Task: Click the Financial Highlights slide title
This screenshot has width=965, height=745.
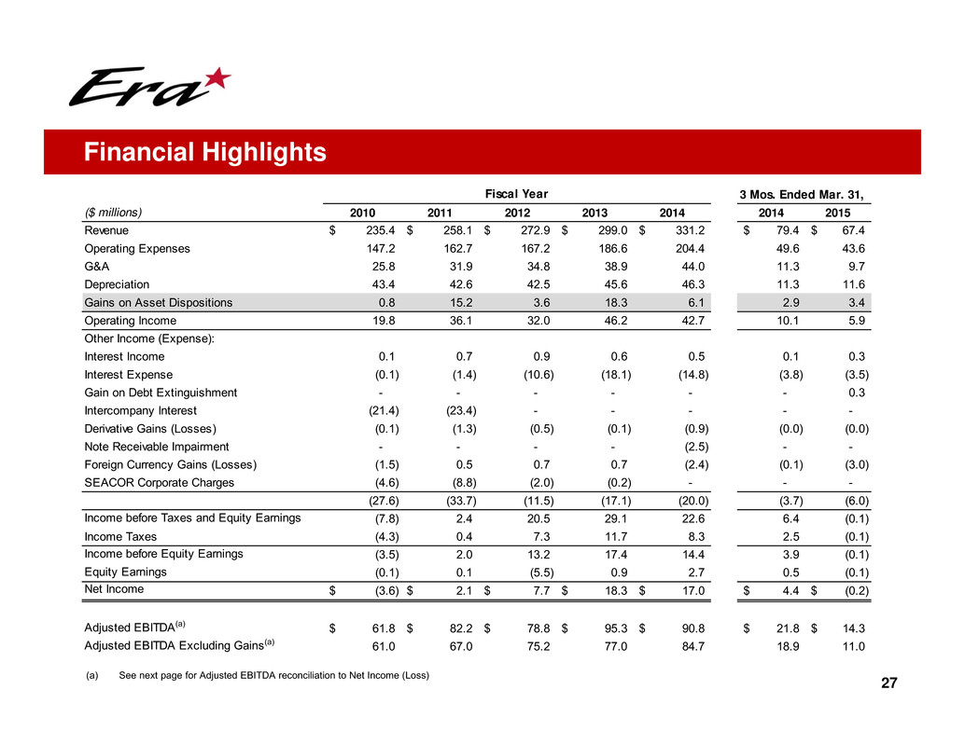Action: tap(204, 152)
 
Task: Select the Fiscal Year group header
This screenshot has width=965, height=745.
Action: tap(517, 194)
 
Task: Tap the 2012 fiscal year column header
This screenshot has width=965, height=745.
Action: tap(517, 212)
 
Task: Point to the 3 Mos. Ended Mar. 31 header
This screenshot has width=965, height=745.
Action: tap(801, 195)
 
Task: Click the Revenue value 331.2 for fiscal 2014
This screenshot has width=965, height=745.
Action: tap(689, 229)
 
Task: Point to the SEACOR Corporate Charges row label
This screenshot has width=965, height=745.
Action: tap(159, 483)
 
